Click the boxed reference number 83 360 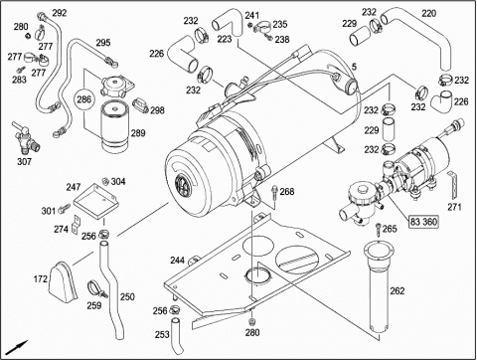[423, 222]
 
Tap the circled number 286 [84, 99]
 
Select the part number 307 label [24, 161]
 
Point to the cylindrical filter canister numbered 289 [114, 125]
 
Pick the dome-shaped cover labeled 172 [62, 281]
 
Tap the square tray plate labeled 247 [95, 202]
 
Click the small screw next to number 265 [379, 229]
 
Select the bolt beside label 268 [274, 193]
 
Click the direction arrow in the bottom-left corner [18, 347]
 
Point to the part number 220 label [429, 14]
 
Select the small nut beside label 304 [105, 181]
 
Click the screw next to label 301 [64, 208]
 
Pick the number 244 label [177, 261]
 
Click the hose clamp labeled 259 [96, 288]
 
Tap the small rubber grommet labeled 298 [141, 104]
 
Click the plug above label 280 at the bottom [252, 321]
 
